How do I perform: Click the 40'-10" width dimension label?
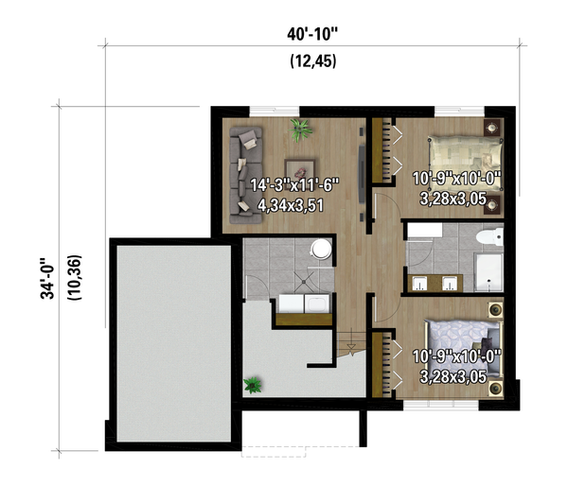coord(311,35)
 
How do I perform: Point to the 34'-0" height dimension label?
coord(48,278)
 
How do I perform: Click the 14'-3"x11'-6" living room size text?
coord(294,185)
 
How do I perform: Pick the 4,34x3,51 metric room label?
coord(291,205)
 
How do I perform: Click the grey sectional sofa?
coord(244,174)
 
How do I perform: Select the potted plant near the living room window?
coord(301,130)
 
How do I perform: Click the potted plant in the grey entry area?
coord(253,385)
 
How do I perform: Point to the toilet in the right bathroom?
coord(489,237)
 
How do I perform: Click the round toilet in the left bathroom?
coord(321,249)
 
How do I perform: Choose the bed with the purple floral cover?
coord(463,349)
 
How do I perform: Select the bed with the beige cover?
coord(466,162)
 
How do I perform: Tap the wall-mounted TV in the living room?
coord(362,174)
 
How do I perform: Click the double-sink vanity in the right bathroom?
coord(435,284)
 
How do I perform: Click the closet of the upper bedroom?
coord(382,150)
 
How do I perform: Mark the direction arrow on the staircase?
coord(351,347)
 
